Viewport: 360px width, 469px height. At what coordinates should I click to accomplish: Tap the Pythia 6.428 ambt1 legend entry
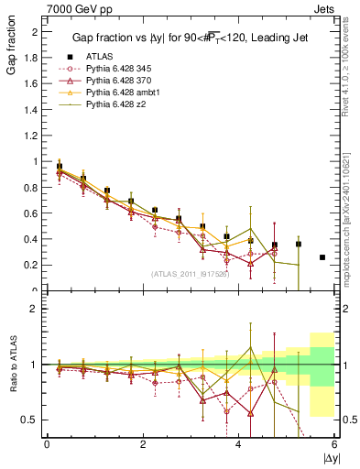tap(120, 93)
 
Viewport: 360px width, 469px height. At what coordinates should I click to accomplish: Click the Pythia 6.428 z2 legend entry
tap(114, 105)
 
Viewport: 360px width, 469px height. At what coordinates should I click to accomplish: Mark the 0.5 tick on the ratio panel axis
tap(33, 420)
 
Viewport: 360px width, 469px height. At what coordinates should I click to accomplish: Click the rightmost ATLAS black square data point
tap(322, 257)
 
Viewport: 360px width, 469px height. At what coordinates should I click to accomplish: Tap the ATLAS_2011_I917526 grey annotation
tap(190, 275)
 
